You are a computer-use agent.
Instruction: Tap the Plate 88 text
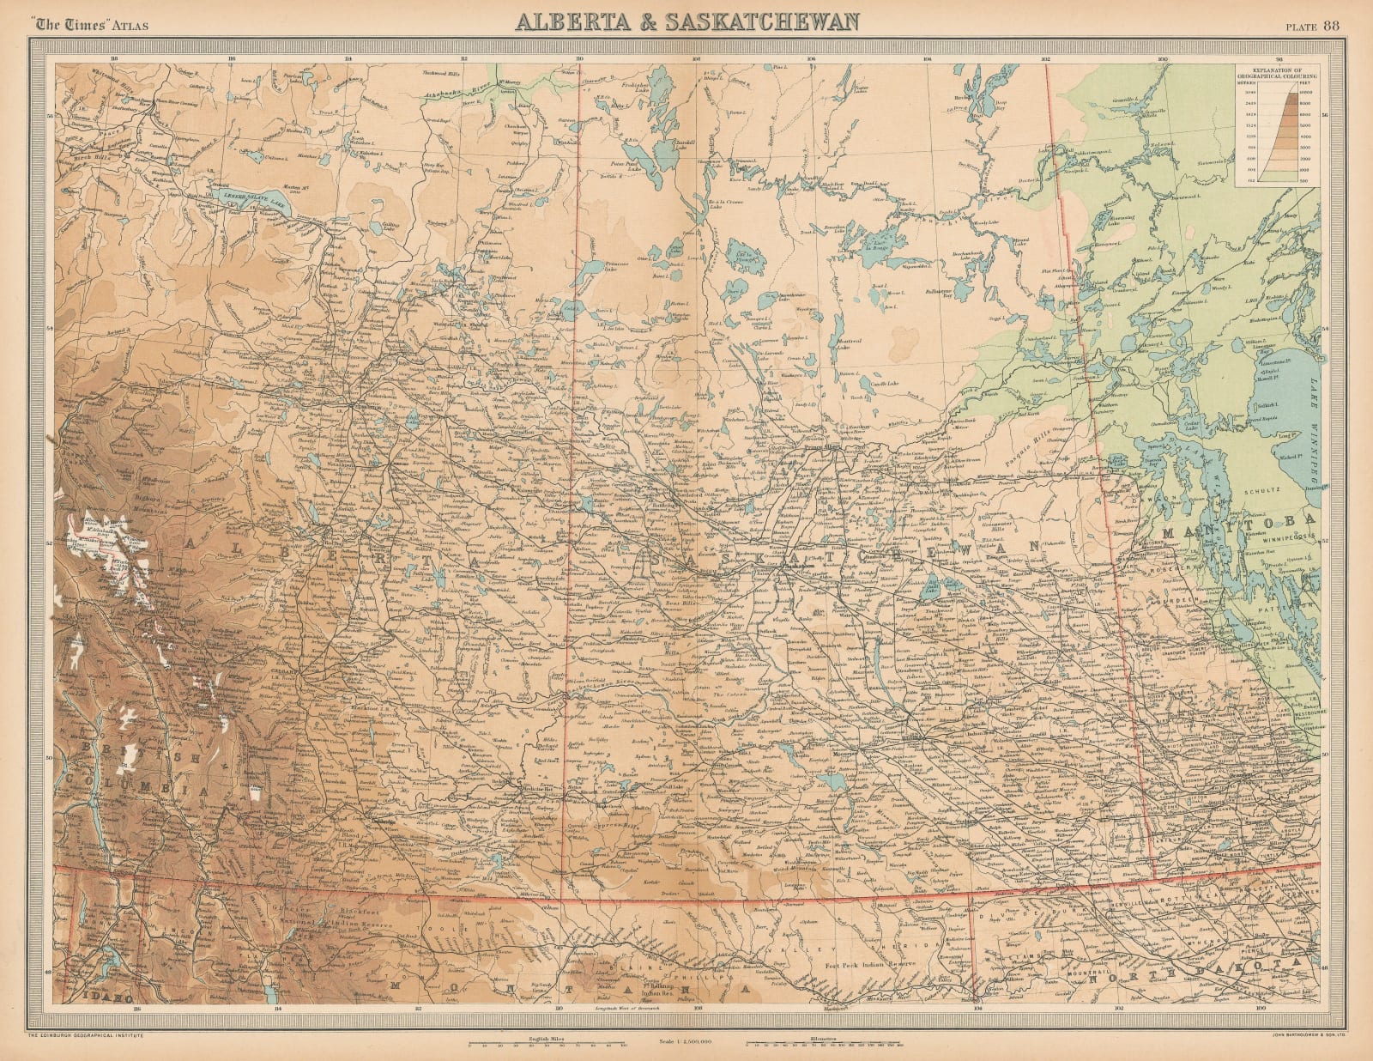1322,23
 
